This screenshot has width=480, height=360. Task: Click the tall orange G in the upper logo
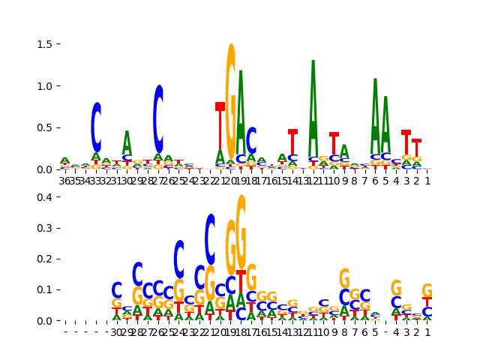click(x=231, y=90)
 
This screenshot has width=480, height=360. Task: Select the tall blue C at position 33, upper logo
click(x=96, y=127)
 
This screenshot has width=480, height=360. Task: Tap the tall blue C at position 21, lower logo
click(x=210, y=240)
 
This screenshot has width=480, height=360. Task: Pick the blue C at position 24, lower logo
click(x=178, y=259)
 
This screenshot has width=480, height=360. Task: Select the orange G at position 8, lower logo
click(x=344, y=279)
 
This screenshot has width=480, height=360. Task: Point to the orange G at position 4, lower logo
click(x=396, y=289)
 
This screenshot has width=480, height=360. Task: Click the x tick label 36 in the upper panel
click(x=64, y=181)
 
